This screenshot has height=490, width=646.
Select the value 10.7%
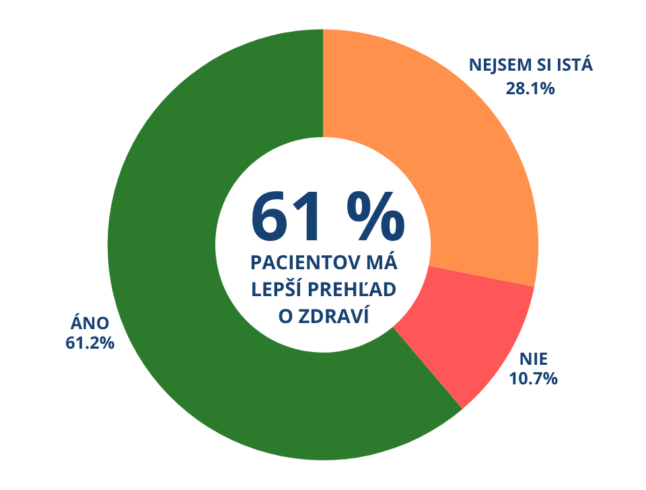tap(533, 379)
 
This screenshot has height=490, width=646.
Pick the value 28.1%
tap(530, 87)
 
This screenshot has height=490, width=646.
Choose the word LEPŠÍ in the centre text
tap(276, 289)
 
